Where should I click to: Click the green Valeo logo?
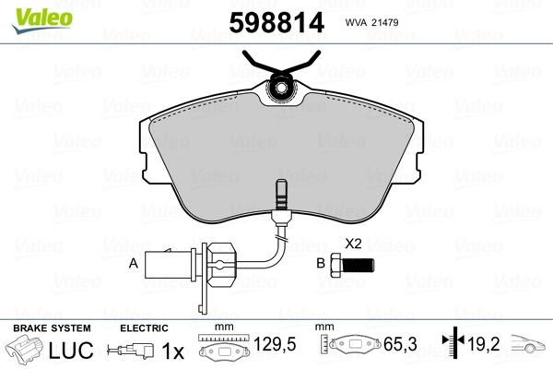point(42,20)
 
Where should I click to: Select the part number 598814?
point(276,22)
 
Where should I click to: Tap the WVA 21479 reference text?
point(371,22)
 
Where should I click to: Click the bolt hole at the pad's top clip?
point(281,87)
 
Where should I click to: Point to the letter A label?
point(134,263)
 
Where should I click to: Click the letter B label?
point(321,263)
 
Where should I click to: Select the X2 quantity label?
point(353,244)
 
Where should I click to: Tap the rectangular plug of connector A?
point(169,264)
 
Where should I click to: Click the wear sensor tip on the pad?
point(281,194)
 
